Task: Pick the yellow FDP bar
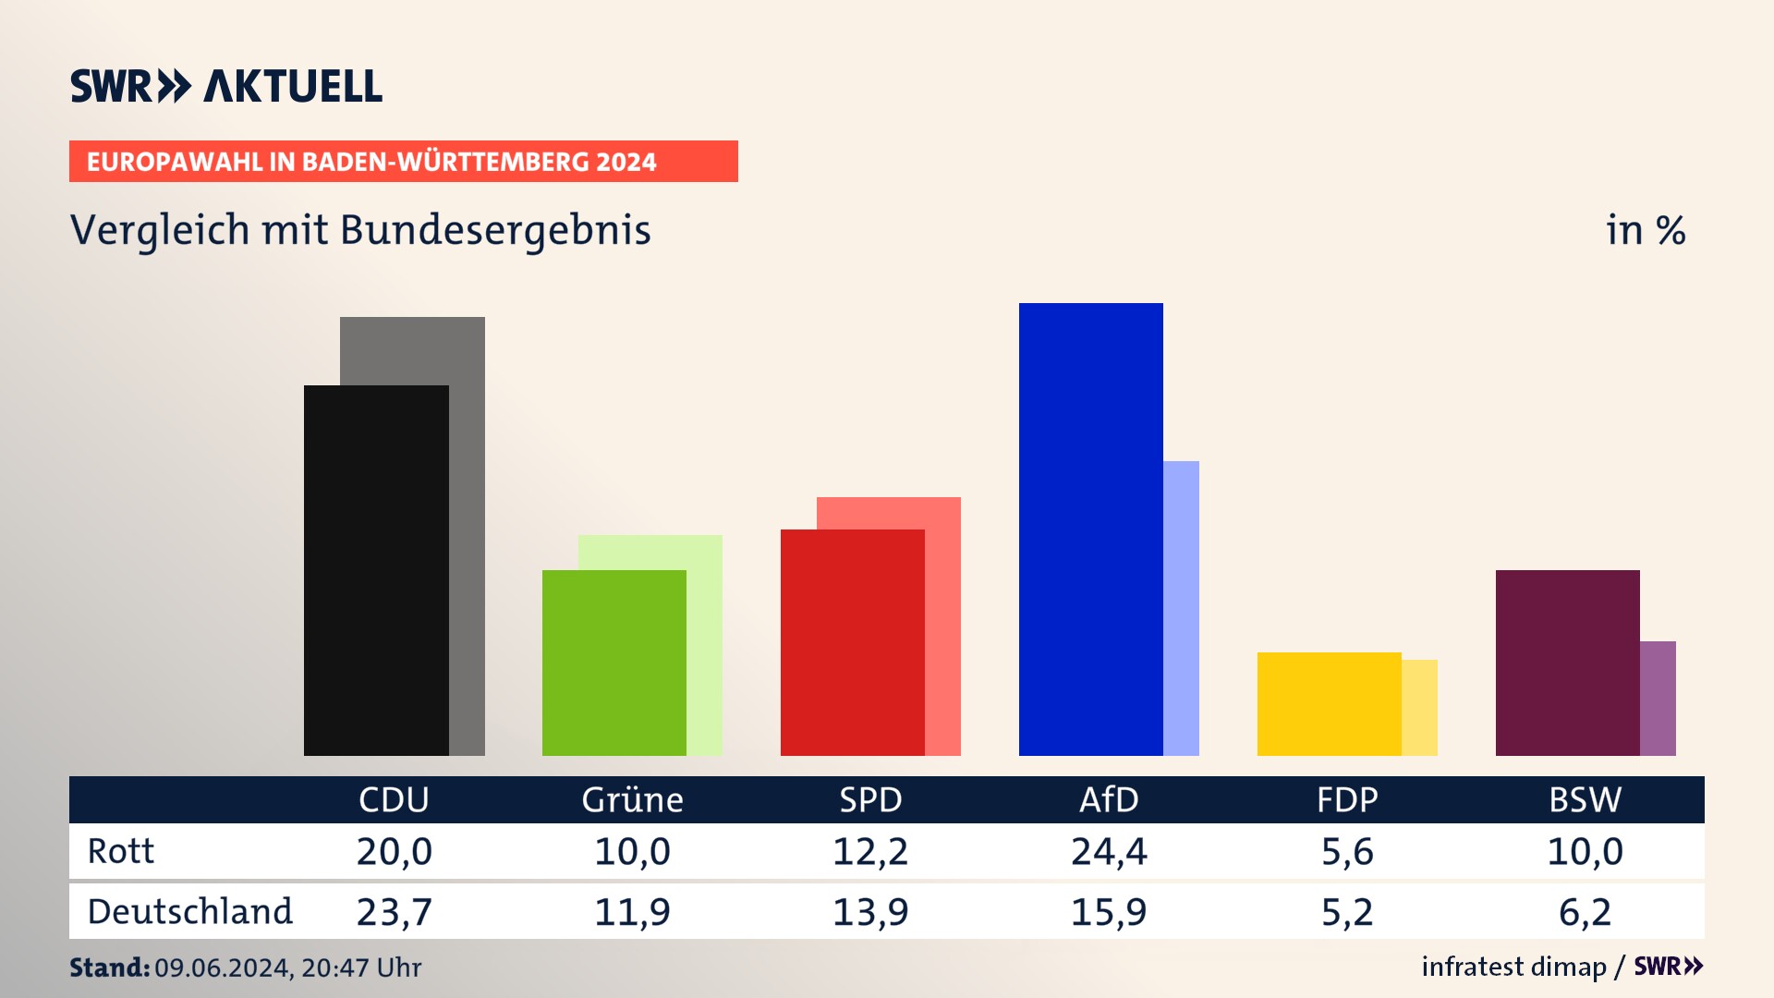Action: click(1329, 703)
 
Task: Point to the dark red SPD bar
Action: click(852, 642)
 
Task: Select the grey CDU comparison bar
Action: click(467, 536)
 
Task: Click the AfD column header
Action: click(1109, 799)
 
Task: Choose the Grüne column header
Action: click(632, 799)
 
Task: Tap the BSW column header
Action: click(1585, 799)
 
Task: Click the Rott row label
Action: click(121, 851)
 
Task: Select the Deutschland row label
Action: click(189, 912)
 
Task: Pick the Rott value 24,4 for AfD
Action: click(1109, 851)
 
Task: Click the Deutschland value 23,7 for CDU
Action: click(394, 912)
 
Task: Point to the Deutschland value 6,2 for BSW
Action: click(1585, 912)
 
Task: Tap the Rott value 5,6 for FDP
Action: click(1347, 851)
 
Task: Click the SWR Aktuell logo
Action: click(226, 86)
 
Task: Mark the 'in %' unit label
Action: click(1646, 230)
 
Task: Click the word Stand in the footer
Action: click(109, 968)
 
